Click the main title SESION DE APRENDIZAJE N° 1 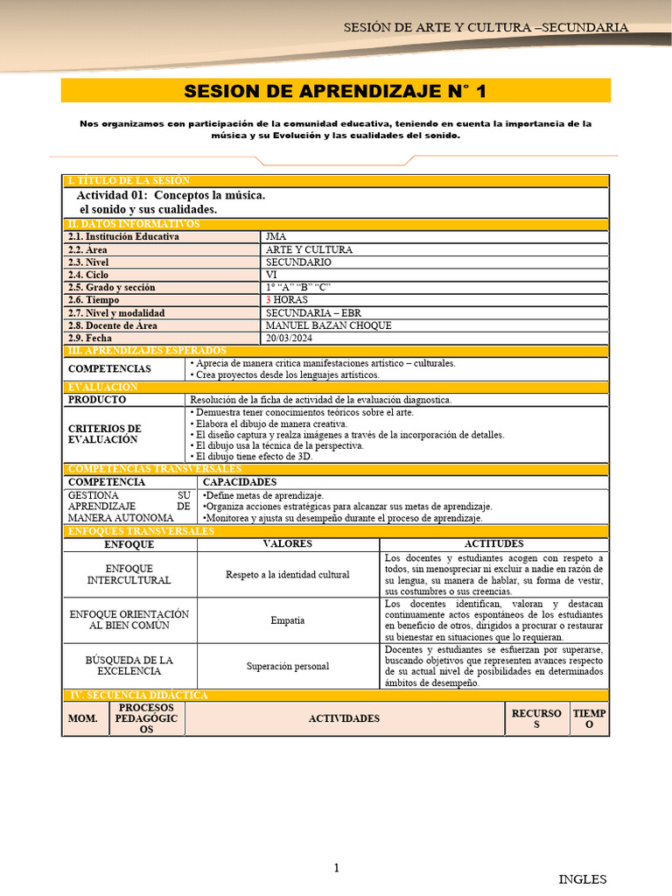335,91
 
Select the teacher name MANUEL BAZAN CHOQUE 328,325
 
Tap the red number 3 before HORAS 269,300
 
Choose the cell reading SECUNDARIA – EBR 312,313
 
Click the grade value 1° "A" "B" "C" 298,287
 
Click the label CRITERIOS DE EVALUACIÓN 104,434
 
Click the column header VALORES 288,544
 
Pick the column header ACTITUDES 494,544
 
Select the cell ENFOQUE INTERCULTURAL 129,574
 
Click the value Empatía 288,620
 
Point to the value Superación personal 288,666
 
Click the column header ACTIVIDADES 344,718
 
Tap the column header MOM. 83,718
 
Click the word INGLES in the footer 582,879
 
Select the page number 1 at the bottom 336,868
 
